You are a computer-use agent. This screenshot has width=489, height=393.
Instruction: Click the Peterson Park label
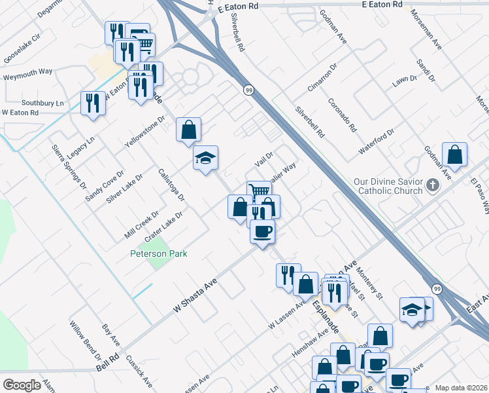[159, 253]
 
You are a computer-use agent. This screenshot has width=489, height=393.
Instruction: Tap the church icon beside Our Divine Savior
[431, 185]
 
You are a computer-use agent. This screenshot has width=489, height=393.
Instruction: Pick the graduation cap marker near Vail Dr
[205, 158]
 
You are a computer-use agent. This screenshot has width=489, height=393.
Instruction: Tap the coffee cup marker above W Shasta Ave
[262, 231]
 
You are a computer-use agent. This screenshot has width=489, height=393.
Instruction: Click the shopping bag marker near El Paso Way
[454, 155]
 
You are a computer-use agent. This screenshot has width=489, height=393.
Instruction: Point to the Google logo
[22, 385]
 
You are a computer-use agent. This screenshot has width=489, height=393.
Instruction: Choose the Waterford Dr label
[377, 141]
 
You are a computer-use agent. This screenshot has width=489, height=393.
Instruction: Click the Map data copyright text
[461, 388]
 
